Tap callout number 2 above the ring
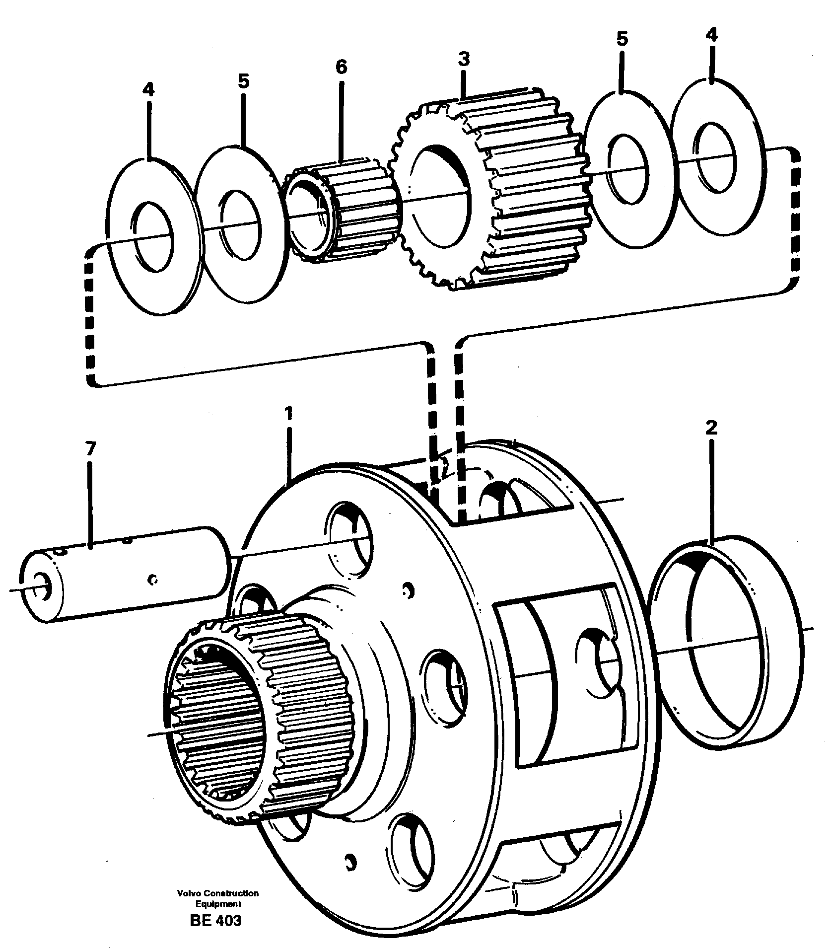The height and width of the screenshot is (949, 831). pyautogui.click(x=711, y=428)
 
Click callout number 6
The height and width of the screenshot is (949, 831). pyautogui.click(x=342, y=67)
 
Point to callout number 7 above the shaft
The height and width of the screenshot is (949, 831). pyautogui.click(x=89, y=449)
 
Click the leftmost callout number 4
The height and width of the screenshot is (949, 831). pyautogui.click(x=148, y=90)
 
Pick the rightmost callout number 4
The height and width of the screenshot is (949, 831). pyautogui.click(x=711, y=34)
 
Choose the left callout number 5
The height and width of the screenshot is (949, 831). pyautogui.click(x=243, y=81)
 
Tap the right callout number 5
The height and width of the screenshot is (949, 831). pyautogui.click(x=622, y=39)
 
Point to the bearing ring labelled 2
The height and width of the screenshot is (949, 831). pyautogui.click(x=725, y=646)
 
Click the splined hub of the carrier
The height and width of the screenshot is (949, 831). pyautogui.click(x=258, y=705)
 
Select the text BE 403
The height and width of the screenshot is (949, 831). pyautogui.click(x=215, y=920)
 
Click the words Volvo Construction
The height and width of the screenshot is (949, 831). pyautogui.click(x=217, y=893)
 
